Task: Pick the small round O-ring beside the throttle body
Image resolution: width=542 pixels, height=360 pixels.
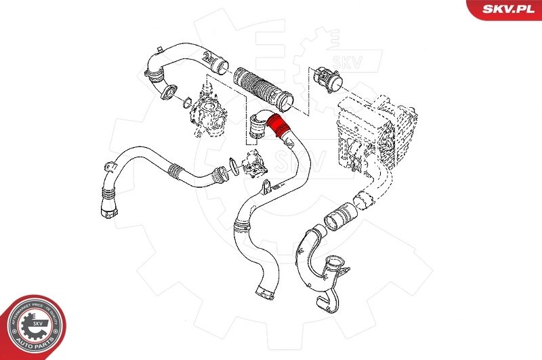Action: click(x=185, y=103)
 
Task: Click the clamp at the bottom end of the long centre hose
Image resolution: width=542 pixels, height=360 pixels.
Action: click(x=266, y=293)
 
